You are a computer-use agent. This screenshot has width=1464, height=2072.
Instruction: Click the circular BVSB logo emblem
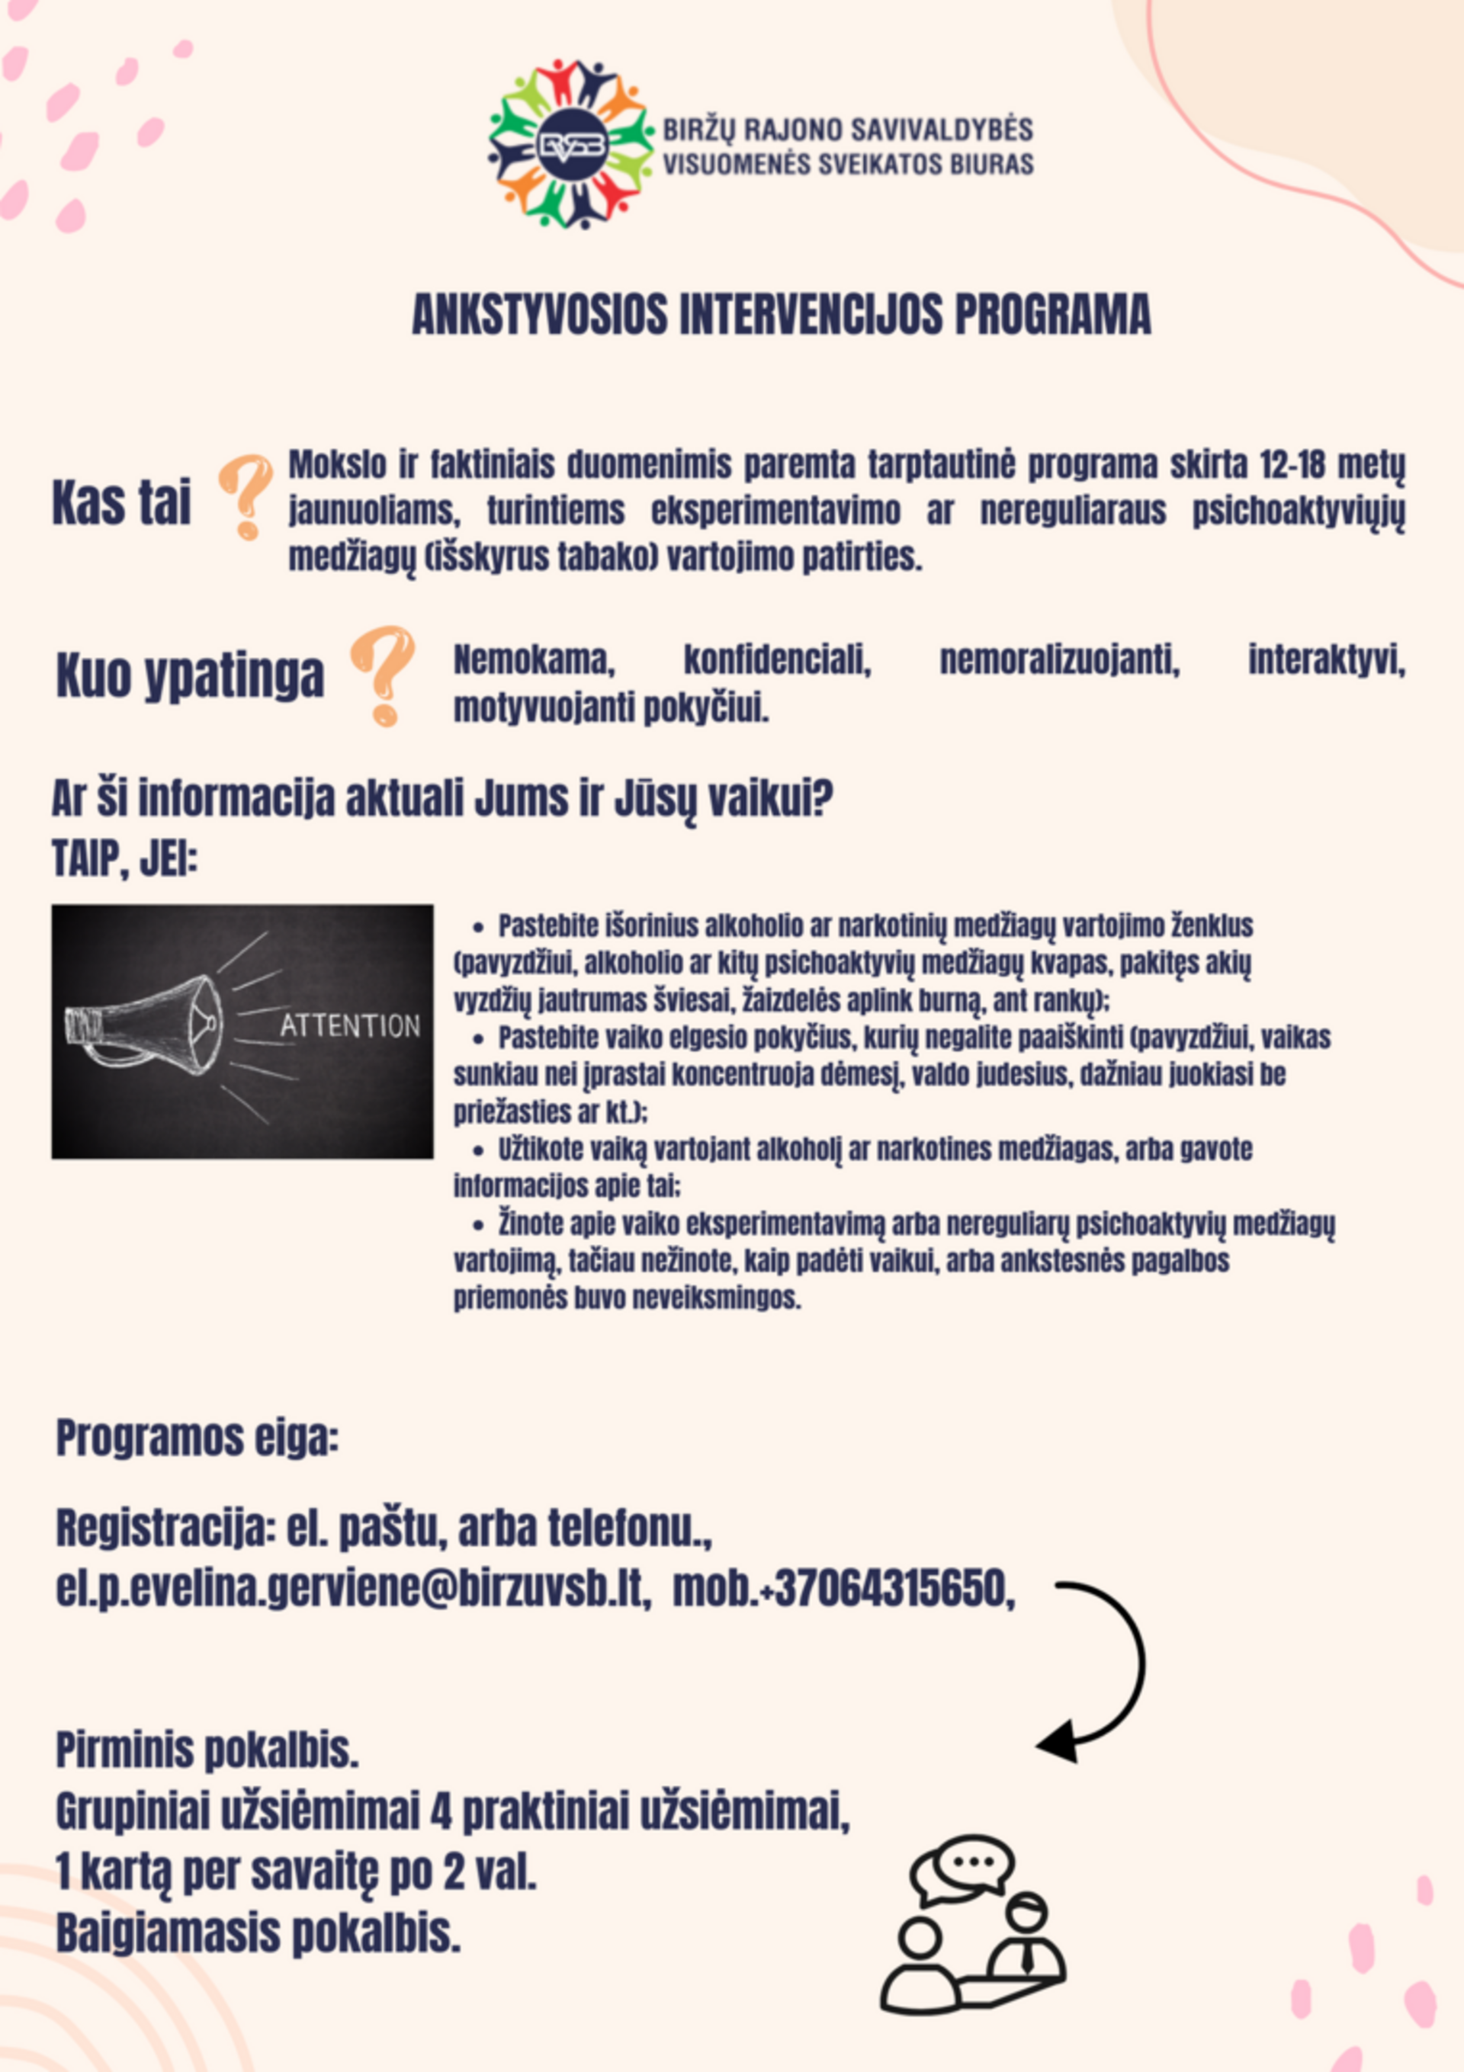coord(571,144)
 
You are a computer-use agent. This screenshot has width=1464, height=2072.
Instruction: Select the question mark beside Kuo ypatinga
coord(383,674)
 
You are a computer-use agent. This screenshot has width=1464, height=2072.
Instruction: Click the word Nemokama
coord(534,659)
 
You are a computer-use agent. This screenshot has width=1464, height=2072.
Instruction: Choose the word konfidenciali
coord(777,659)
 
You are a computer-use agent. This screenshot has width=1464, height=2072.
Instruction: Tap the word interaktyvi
coord(1326,659)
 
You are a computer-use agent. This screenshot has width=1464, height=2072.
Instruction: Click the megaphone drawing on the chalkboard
coord(149,1026)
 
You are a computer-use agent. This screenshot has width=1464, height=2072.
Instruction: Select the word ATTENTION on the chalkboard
coord(350,1026)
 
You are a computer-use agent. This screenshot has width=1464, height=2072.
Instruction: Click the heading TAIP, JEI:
coord(124,858)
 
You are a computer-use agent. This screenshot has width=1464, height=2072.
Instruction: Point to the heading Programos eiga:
coord(197,1438)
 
